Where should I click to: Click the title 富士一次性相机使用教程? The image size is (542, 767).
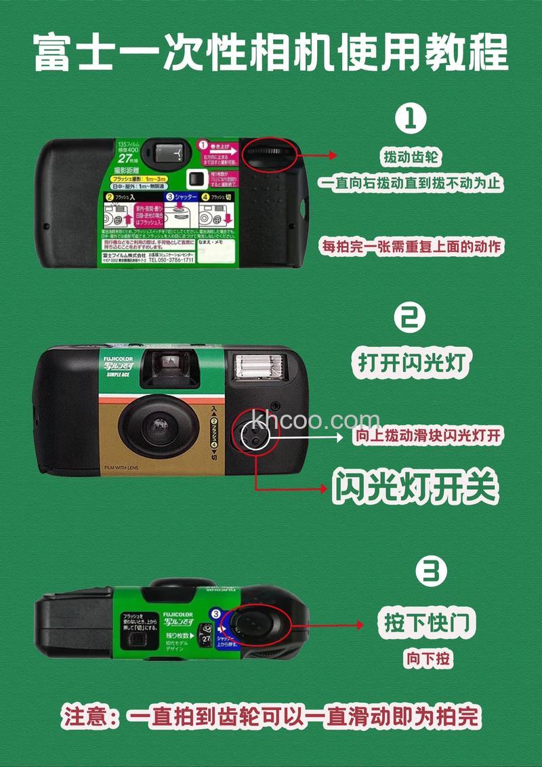[x=271, y=52]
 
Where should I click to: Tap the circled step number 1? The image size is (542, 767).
[x=411, y=119]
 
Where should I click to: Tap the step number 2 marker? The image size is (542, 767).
[x=411, y=316]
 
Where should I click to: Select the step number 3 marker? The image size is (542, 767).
[x=431, y=573]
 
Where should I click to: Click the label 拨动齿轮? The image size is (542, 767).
[x=411, y=158]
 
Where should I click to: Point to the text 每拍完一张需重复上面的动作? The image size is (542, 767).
[x=412, y=247]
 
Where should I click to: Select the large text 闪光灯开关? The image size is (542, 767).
[x=415, y=486]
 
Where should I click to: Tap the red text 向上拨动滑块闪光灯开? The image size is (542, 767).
[x=428, y=436]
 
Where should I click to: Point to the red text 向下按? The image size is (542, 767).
[x=429, y=658]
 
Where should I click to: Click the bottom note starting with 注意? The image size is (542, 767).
[x=271, y=716]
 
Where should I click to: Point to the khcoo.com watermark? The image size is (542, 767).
[x=315, y=420]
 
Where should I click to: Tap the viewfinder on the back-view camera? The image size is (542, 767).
[x=170, y=150]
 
